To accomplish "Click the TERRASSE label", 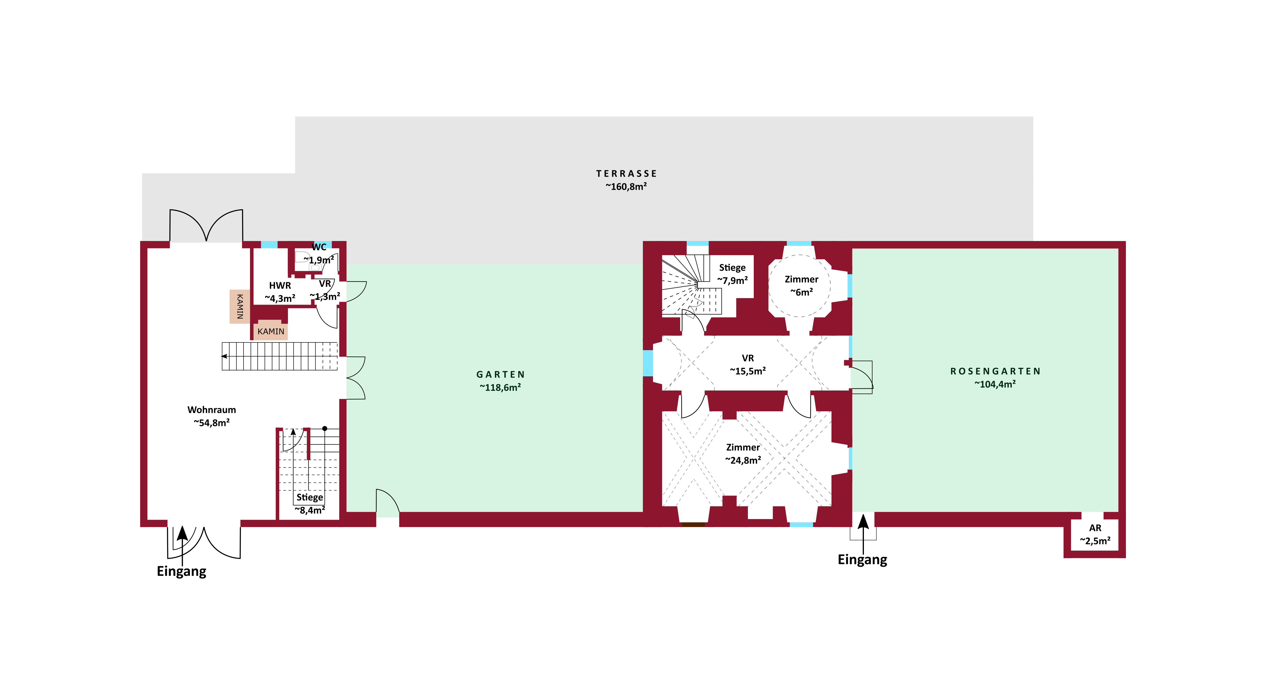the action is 626,174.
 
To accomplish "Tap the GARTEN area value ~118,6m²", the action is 500,388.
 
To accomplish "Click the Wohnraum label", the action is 211,410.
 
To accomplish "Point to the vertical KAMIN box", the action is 239,306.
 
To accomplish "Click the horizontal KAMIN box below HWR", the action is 271,331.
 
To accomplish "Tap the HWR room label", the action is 280,285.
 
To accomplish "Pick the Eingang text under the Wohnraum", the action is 181,571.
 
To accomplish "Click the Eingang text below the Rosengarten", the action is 862,560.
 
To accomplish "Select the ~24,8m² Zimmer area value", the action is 743,460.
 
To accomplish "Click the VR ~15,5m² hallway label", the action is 748,364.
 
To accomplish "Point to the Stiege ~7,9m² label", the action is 732,274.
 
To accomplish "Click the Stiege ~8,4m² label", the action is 310,503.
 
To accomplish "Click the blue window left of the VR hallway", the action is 648,363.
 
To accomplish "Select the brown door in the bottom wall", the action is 693,525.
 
